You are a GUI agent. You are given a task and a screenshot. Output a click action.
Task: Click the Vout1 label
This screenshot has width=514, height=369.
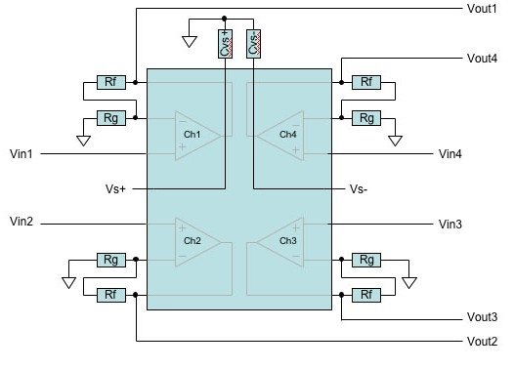pos(481,9)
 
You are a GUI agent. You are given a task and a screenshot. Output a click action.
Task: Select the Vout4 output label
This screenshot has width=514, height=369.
pos(481,59)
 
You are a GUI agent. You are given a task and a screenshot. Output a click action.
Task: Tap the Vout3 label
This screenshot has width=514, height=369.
pos(481,317)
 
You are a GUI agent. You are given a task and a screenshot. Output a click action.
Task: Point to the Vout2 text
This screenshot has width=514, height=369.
pos(481,341)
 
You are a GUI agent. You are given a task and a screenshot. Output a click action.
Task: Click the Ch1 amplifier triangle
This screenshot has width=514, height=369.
pos(196,134)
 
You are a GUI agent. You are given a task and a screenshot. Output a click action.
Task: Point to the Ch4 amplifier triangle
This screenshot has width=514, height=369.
pos(283,134)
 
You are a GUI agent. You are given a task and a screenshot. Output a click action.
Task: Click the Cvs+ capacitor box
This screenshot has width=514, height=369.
pos(224,45)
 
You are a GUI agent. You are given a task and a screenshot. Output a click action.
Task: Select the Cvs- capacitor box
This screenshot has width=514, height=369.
pos(253,45)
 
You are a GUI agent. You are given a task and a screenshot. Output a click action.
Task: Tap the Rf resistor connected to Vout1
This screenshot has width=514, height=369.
pos(109,82)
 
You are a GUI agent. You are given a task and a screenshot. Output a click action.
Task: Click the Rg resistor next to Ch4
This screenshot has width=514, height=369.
pos(366,117)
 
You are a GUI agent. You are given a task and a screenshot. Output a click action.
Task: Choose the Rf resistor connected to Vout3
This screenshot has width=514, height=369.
pos(366,294)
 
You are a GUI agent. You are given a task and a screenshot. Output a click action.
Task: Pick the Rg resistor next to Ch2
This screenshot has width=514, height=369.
pos(109,260)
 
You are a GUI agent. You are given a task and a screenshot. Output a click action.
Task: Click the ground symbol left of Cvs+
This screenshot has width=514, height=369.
pos(188,42)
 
